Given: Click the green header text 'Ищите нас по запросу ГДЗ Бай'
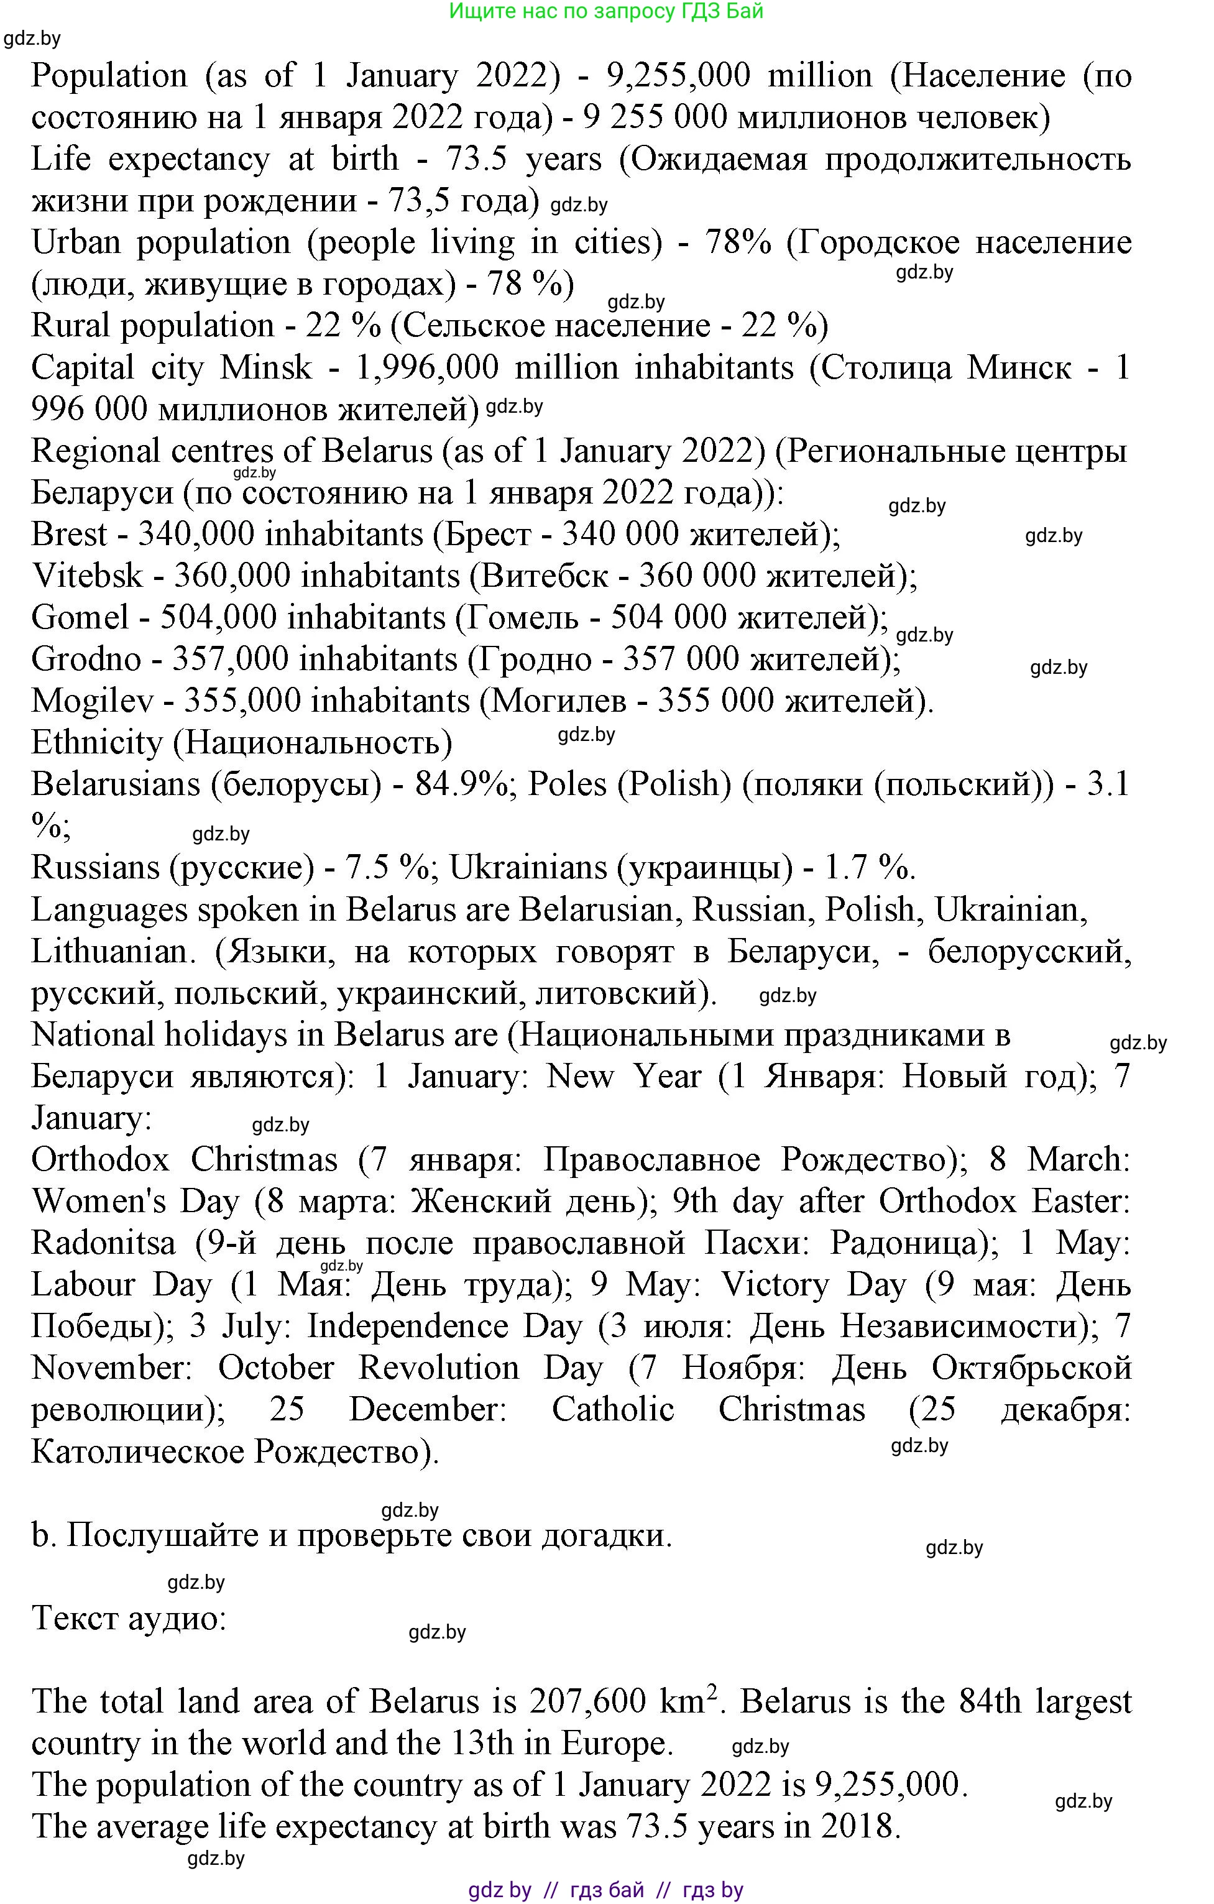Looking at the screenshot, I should click(x=606, y=12).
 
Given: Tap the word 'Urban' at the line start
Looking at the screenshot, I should click(x=76, y=242).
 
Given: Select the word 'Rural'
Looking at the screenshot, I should click(x=70, y=326).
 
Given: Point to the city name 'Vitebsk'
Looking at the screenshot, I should click(x=87, y=576).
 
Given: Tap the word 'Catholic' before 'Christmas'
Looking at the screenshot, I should click(x=613, y=1410).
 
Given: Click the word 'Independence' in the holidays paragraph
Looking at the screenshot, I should click(x=407, y=1326).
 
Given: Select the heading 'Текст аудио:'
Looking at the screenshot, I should click(x=129, y=1618).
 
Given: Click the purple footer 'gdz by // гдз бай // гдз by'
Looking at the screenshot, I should click(x=606, y=1890).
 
